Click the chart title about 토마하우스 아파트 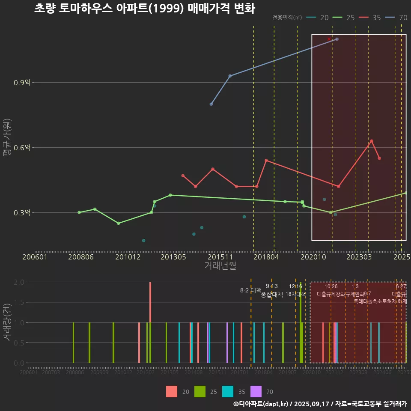144,8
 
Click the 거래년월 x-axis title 220,265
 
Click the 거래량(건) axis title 7,322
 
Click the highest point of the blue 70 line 337,39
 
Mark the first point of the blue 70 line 211,104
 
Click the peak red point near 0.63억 372,141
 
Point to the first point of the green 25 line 79,212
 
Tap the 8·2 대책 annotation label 251,291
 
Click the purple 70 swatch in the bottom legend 256,391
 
